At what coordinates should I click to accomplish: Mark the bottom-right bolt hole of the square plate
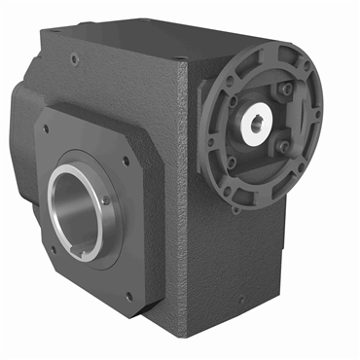point(127,296)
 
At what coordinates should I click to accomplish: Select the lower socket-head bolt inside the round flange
point(283,148)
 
